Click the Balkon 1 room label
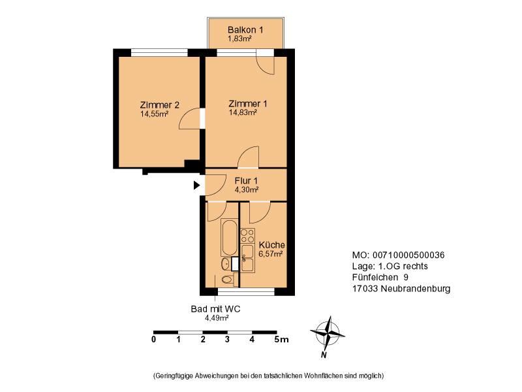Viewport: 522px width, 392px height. coord(245,29)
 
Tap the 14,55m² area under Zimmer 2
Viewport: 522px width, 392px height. coord(154,114)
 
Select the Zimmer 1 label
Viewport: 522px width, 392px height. coord(248,104)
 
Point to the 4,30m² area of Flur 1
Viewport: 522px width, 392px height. coord(247,189)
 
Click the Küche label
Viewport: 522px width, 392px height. coord(271,244)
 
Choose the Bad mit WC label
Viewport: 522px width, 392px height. coord(215,309)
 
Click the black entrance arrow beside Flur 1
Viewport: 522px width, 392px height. coord(197,186)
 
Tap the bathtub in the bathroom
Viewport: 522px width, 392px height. coord(230,237)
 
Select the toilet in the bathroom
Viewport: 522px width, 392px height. coord(227,280)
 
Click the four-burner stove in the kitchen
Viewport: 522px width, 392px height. coord(248,236)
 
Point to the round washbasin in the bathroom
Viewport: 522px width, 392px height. coord(225,264)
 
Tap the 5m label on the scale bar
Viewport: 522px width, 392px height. coord(281,340)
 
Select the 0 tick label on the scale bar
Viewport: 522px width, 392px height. coord(153,340)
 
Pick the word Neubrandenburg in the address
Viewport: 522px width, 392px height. coord(416,289)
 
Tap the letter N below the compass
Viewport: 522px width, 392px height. coord(323,355)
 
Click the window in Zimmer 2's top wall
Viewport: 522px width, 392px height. coord(159,53)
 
